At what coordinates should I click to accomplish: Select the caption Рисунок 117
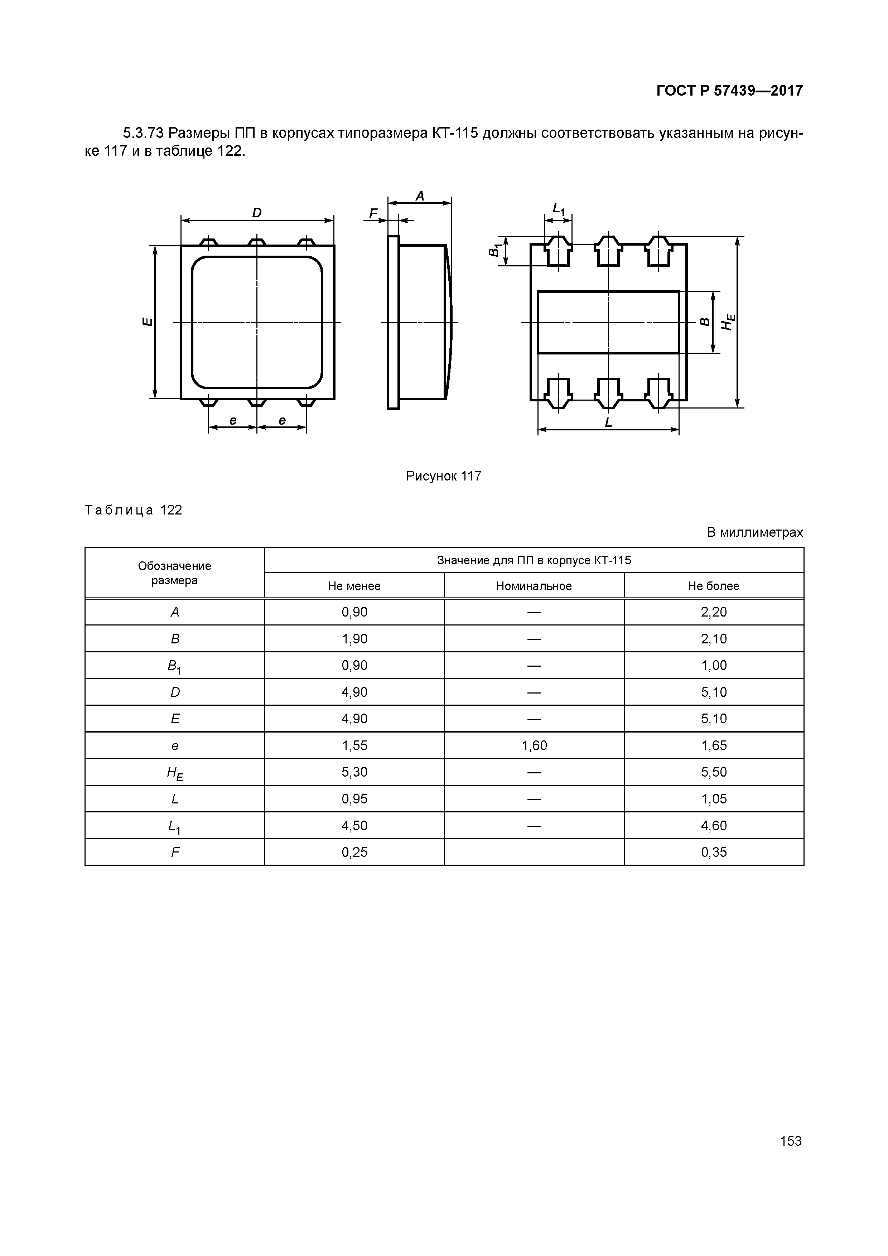click(443, 476)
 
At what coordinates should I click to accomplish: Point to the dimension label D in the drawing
click(257, 212)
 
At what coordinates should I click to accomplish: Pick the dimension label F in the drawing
click(373, 213)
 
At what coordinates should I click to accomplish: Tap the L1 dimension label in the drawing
click(558, 208)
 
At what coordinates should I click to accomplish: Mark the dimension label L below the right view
click(608, 422)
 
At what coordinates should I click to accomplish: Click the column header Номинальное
click(534, 586)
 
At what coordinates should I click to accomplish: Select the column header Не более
click(714, 586)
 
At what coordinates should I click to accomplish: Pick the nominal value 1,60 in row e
click(534, 745)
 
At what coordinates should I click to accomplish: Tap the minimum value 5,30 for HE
click(354, 772)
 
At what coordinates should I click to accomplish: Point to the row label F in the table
click(175, 852)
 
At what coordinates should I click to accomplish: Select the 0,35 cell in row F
click(714, 852)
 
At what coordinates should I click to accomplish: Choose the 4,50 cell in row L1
click(354, 826)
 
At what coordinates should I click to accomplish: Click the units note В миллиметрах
click(754, 532)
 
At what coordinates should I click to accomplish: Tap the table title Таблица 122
click(134, 511)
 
